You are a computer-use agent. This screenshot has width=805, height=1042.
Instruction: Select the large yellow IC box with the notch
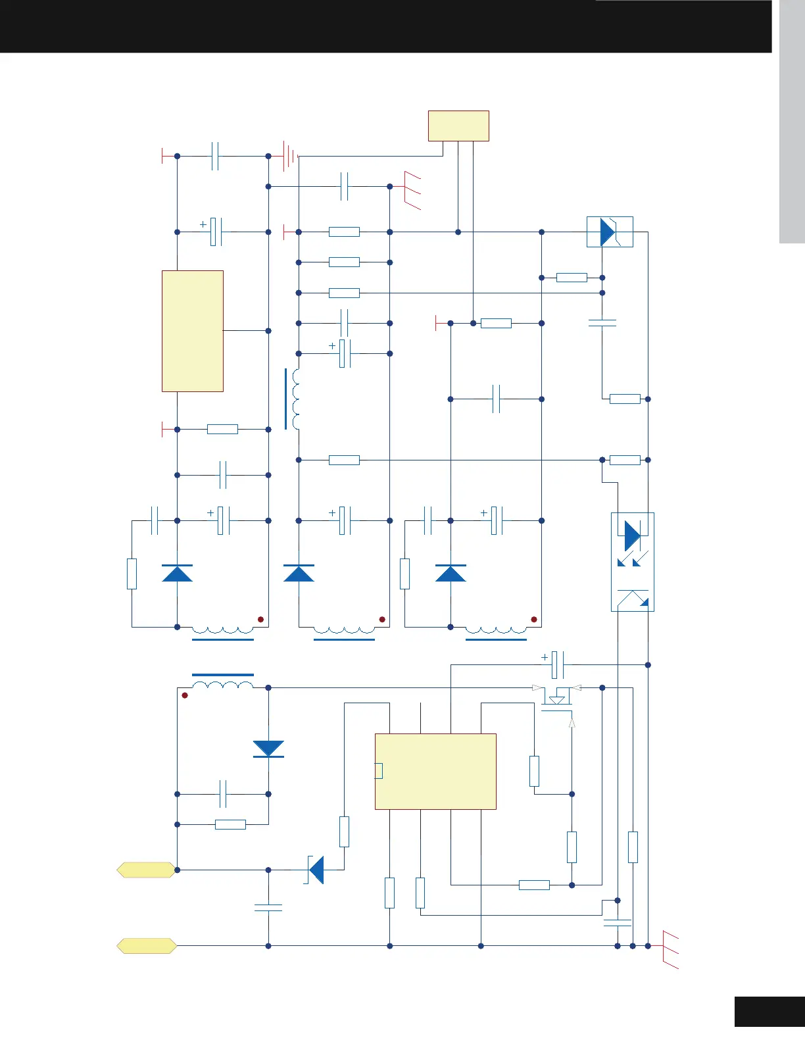[435, 771]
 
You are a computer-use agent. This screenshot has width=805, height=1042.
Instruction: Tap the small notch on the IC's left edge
[378, 770]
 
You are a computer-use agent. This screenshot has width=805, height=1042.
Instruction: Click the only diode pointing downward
[268, 749]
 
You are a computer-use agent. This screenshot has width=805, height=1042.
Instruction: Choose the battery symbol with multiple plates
[290, 156]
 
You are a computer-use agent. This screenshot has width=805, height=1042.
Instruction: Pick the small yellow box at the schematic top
[458, 126]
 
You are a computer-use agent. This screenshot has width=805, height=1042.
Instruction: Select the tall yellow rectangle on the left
[192, 331]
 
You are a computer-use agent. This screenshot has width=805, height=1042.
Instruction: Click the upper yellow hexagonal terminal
[146, 870]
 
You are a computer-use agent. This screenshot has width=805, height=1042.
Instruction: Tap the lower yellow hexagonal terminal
[146, 946]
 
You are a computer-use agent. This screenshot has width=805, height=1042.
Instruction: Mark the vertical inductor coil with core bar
[293, 399]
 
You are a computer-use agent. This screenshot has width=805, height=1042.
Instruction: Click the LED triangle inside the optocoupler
[632, 535]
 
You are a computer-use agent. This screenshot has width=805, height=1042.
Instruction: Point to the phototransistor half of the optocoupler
[633, 599]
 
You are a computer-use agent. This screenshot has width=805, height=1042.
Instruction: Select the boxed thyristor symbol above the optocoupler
[610, 232]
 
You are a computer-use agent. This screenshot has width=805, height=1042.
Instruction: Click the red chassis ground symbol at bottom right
[670, 950]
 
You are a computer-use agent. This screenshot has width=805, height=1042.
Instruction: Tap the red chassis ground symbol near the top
[412, 189]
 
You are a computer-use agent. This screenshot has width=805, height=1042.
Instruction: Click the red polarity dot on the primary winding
[185, 695]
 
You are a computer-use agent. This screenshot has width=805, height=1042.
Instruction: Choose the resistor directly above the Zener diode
[344, 831]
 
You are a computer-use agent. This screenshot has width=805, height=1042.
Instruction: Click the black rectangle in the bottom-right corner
[769, 1012]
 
